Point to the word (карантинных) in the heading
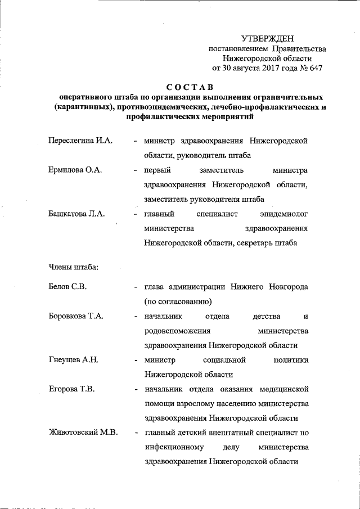coord(82,107)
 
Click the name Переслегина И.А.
coord(80,140)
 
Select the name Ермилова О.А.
coord(75,170)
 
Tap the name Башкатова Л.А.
coord(77,214)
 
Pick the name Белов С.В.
coord(67,287)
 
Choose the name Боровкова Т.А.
coord(76,316)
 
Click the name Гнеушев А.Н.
coord(74,360)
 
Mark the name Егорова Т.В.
coord(71,389)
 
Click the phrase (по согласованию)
coord(177,301)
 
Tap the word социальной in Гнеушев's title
coord(226,360)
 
